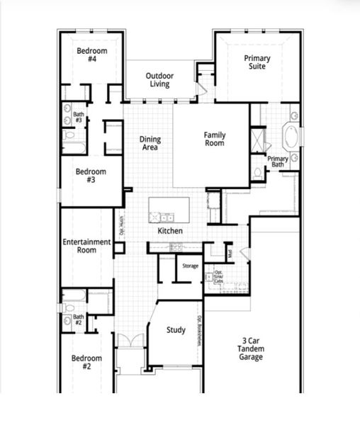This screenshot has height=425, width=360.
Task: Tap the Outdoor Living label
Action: [159, 79]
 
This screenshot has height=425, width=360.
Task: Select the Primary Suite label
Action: [257, 62]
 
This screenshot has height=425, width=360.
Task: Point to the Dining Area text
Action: [149, 143]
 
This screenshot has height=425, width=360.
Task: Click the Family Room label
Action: [214, 139]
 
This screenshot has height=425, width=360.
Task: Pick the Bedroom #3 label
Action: [91, 176]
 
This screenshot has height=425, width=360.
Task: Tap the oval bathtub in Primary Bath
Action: [291, 134]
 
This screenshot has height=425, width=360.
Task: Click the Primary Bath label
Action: [278, 161]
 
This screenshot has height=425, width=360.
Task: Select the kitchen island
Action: [169, 210]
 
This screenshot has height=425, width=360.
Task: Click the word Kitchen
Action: [170, 231]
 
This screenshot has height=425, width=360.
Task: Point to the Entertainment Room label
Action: [86, 246]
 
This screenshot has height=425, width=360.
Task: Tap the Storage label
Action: [190, 266]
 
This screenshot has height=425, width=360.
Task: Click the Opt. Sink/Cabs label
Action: [220, 276]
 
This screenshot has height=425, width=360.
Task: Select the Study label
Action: [176, 330]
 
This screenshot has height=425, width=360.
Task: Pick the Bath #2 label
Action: [79, 319]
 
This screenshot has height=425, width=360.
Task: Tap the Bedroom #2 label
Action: [86, 362]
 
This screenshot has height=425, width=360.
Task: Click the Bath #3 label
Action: [79, 118]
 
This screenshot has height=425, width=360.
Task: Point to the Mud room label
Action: [230, 251]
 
